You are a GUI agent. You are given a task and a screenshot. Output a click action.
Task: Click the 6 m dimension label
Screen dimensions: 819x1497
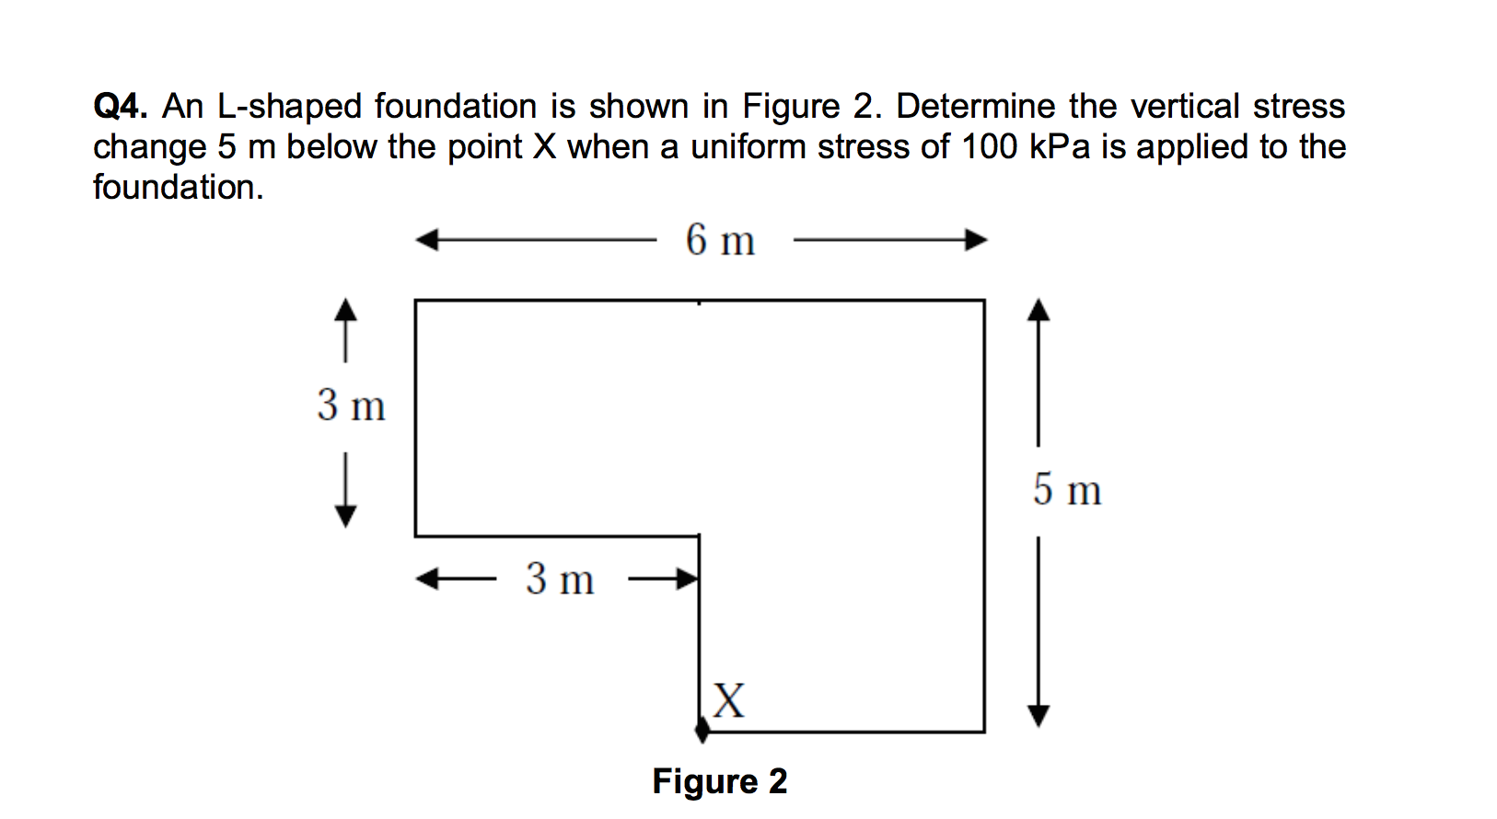[720, 241]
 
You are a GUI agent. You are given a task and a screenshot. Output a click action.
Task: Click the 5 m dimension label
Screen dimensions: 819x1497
[1066, 490]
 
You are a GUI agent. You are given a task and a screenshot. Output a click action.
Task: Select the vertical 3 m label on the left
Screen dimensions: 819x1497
[351, 406]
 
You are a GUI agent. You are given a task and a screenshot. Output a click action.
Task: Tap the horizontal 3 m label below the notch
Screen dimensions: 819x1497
[560, 580]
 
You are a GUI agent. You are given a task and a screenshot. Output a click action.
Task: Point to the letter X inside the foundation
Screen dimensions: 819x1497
[728, 701]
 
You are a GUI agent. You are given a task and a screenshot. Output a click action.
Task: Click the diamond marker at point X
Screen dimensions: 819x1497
[702, 729]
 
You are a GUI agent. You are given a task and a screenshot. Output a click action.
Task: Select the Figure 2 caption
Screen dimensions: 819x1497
[719, 781]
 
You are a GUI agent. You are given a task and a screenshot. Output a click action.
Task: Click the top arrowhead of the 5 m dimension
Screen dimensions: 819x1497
[1038, 310]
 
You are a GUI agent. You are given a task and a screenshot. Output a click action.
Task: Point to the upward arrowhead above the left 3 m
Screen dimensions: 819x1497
[345, 309]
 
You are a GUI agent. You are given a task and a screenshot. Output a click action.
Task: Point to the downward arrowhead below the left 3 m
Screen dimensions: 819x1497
[345, 515]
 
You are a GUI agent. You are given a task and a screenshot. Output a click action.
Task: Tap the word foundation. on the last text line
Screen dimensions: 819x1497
[178, 188]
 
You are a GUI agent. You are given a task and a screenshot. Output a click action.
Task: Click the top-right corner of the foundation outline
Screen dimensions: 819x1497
[984, 300]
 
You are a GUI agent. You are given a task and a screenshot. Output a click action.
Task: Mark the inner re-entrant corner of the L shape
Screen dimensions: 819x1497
[699, 536]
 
